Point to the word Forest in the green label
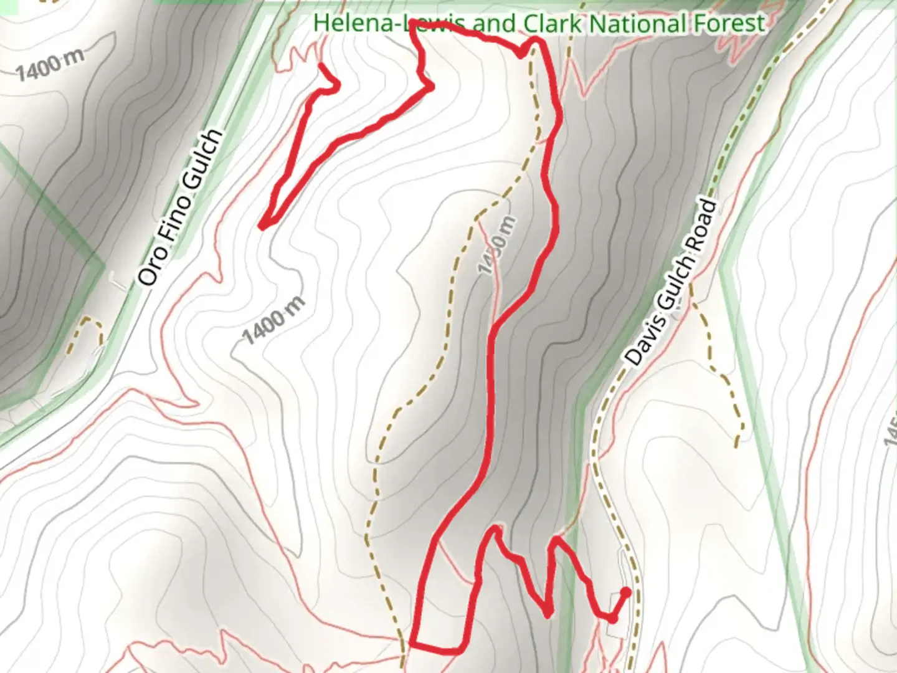click(726, 24)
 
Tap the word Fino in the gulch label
click(174, 220)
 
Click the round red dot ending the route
click(625, 592)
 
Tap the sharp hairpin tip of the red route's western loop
click(262, 226)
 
